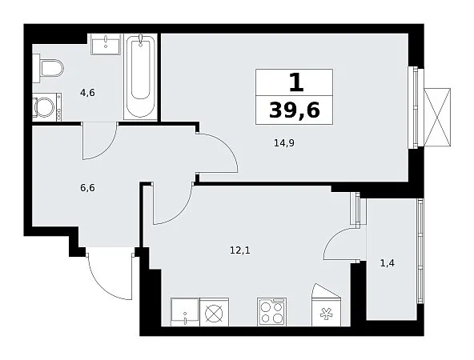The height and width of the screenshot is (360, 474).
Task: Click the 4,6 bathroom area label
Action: click(x=87, y=93)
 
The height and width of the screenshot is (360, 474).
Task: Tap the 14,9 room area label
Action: click(x=284, y=143)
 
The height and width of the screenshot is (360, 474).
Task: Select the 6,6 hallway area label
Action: click(x=87, y=188)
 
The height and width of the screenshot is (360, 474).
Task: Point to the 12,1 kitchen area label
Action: click(x=240, y=250)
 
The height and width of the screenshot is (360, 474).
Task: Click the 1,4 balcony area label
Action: click(x=388, y=264)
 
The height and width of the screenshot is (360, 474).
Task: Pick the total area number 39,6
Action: click(x=294, y=110)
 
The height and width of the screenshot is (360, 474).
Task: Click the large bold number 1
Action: click(x=296, y=82)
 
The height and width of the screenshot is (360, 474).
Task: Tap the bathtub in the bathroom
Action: click(x=141, y=77)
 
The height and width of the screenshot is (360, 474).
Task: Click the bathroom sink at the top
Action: click(x=106, y=44)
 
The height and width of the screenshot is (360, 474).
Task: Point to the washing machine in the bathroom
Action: click(x=47, y=107)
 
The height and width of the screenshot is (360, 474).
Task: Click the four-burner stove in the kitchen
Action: click(x=271, y=312)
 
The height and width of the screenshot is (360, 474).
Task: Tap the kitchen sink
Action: click(x=185, y=312)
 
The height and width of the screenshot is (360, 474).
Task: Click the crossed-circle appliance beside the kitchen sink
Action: click(x=215, y=312)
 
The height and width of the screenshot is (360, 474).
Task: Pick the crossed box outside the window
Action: click(x=437, y=117)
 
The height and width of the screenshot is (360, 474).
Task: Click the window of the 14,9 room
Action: click(x=413, y=107)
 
